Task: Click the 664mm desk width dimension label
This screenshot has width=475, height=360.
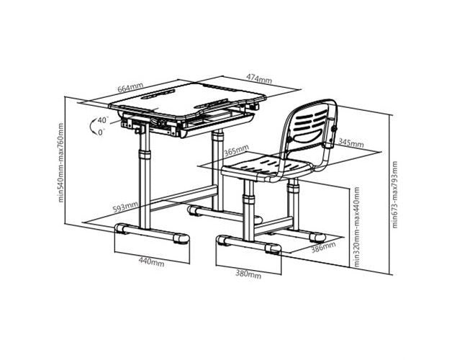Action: point(130,88)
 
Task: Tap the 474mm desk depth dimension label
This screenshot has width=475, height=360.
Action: point(258,78)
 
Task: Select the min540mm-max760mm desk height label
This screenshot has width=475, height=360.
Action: point(60,163)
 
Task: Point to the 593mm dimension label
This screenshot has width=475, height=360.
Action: point(125,207)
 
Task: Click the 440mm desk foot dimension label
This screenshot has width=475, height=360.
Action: point(151,262)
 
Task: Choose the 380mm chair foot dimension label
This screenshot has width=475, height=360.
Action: point(248,274)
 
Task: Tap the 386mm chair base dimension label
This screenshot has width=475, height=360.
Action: point(324,247)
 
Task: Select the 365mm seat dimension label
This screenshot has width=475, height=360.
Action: point(236,150)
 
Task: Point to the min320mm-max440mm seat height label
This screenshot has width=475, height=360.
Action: point(357,227)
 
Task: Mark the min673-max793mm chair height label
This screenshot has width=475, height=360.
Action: point(394,194)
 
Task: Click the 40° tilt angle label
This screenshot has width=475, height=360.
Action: point(103,120)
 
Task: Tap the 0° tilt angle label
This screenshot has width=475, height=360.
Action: point(101,132)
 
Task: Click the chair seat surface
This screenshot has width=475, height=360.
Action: point(266,168)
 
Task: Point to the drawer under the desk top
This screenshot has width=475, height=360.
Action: point(217,123)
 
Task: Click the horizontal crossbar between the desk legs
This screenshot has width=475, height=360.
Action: point(184,198)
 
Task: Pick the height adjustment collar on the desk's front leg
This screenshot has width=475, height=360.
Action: point(145,155)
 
